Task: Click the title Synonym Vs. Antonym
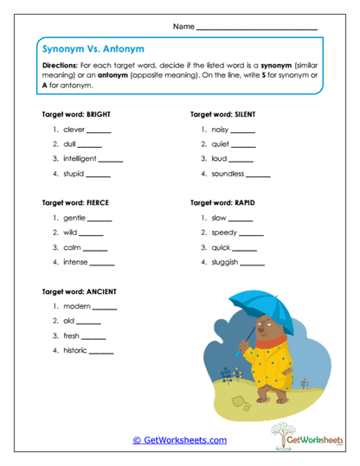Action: pyautogui.click(x=80, y=50)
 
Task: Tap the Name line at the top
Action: pyautogui.click(x=256, y=29)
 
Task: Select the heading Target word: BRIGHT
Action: pyautogui.click(x=76, y=114)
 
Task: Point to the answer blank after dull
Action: pyautogui.click(x=93, y=146)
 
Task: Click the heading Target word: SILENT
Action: pyautogui.click(x=224, y=114)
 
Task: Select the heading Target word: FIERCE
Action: pyautogui.click(x=75, y=202)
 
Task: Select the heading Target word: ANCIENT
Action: pyautogui.click(x=78, y=290)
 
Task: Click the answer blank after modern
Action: pyautogui.click(x=105, y=308)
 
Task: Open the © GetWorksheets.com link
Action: pyautogui.click(x=179, y=440)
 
